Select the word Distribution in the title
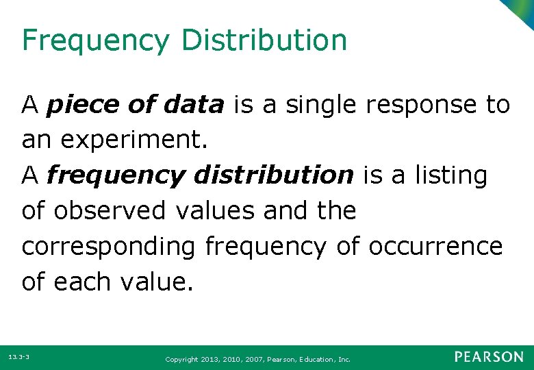[264, 40]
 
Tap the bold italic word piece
[80, 106]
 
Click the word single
[322, 106]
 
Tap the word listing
[450, 176]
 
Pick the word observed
[111, 211]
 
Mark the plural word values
[214, 211]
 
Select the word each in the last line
[84, 282]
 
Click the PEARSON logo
[489, 357]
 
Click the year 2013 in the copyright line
[210, 358]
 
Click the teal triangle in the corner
[522, 10]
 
